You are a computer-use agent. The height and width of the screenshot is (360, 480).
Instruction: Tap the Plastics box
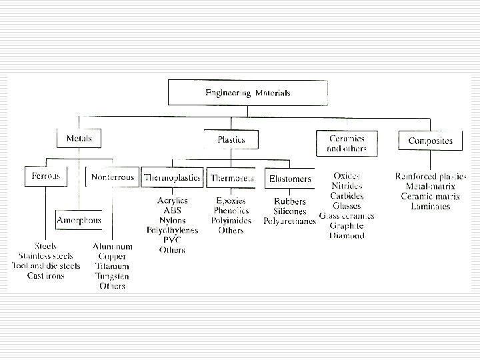point(231,140)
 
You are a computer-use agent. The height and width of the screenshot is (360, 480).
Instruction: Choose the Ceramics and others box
point(348,143)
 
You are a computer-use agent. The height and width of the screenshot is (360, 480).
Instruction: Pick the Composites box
point(430,141)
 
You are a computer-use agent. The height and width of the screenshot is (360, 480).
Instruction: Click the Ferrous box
point(46,177)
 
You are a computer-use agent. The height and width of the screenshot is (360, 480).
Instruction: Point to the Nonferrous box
point(112,177)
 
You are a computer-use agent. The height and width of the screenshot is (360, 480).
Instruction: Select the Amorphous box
point(79,219)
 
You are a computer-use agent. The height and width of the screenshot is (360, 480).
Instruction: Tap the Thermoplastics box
point(173,179)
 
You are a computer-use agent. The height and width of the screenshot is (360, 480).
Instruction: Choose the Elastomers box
point(289,179)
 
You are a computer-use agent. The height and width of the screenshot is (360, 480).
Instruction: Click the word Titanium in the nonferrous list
point(112,266)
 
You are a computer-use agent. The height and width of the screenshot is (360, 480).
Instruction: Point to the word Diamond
point(347,236)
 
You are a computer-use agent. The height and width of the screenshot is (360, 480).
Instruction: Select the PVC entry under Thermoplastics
point(172,240)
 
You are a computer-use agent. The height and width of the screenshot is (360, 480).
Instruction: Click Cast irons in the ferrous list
point(46,275)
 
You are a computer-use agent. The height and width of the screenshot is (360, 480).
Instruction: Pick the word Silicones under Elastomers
point(289,211)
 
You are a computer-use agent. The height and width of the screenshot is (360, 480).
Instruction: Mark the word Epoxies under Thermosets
point(231,201)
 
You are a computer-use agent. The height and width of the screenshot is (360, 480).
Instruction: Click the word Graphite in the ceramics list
point(347,226)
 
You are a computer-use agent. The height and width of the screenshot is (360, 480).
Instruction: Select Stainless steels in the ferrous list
point(47,256)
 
